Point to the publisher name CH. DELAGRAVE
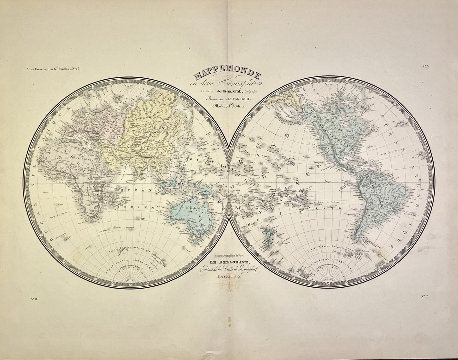[x=228, y=262]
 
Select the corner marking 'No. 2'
[x=425, y=296]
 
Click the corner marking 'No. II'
[x=34, y=299]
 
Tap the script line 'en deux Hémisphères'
[x=227, y=84]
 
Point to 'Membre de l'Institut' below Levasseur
[x=227, y=106]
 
